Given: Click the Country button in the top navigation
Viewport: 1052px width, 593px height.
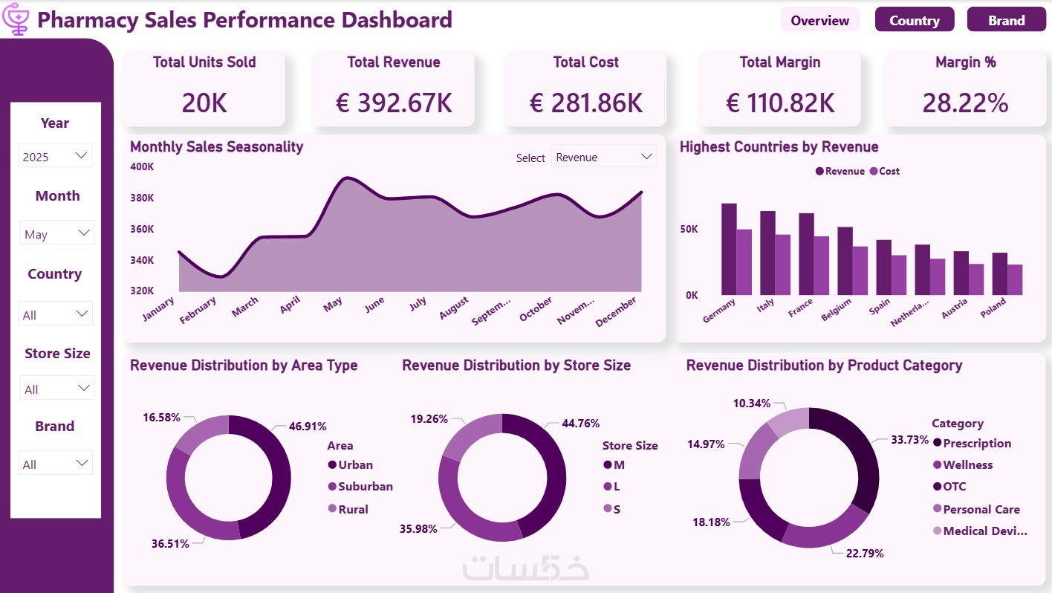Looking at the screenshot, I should tap(914, 20).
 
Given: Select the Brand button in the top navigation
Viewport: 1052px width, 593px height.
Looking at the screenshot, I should tap(1006, 20).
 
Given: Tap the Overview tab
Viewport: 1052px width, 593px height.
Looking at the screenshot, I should tap(819, 20).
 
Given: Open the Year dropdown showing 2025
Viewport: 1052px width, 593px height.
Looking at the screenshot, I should tap(56, 156).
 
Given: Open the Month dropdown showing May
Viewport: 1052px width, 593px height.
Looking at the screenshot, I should tap(57, 233).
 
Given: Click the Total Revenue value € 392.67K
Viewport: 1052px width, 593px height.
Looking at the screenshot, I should tap(394, 103).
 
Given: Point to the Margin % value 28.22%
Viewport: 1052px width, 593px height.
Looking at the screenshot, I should tap(965, 103).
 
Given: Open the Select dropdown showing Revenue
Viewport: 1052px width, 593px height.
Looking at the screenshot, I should tap(603, 157).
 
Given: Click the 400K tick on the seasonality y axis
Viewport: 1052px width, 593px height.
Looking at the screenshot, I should tap(142, 166).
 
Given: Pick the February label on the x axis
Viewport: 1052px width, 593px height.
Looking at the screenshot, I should tap(198, 310).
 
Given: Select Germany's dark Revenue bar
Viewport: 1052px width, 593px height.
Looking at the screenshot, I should tap(729, 249).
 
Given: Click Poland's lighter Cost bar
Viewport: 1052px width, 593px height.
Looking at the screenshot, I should tap(1015, 279).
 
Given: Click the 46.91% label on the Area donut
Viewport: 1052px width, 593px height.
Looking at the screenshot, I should tap(308, 427).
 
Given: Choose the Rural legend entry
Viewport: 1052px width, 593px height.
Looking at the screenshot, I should tap(353, 509).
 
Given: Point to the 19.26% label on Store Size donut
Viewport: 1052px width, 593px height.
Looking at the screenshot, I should tap(429, 419).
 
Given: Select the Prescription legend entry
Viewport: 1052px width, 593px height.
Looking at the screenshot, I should tap(976, 443).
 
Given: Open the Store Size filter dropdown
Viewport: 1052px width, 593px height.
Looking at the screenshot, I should tap(57, 389).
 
